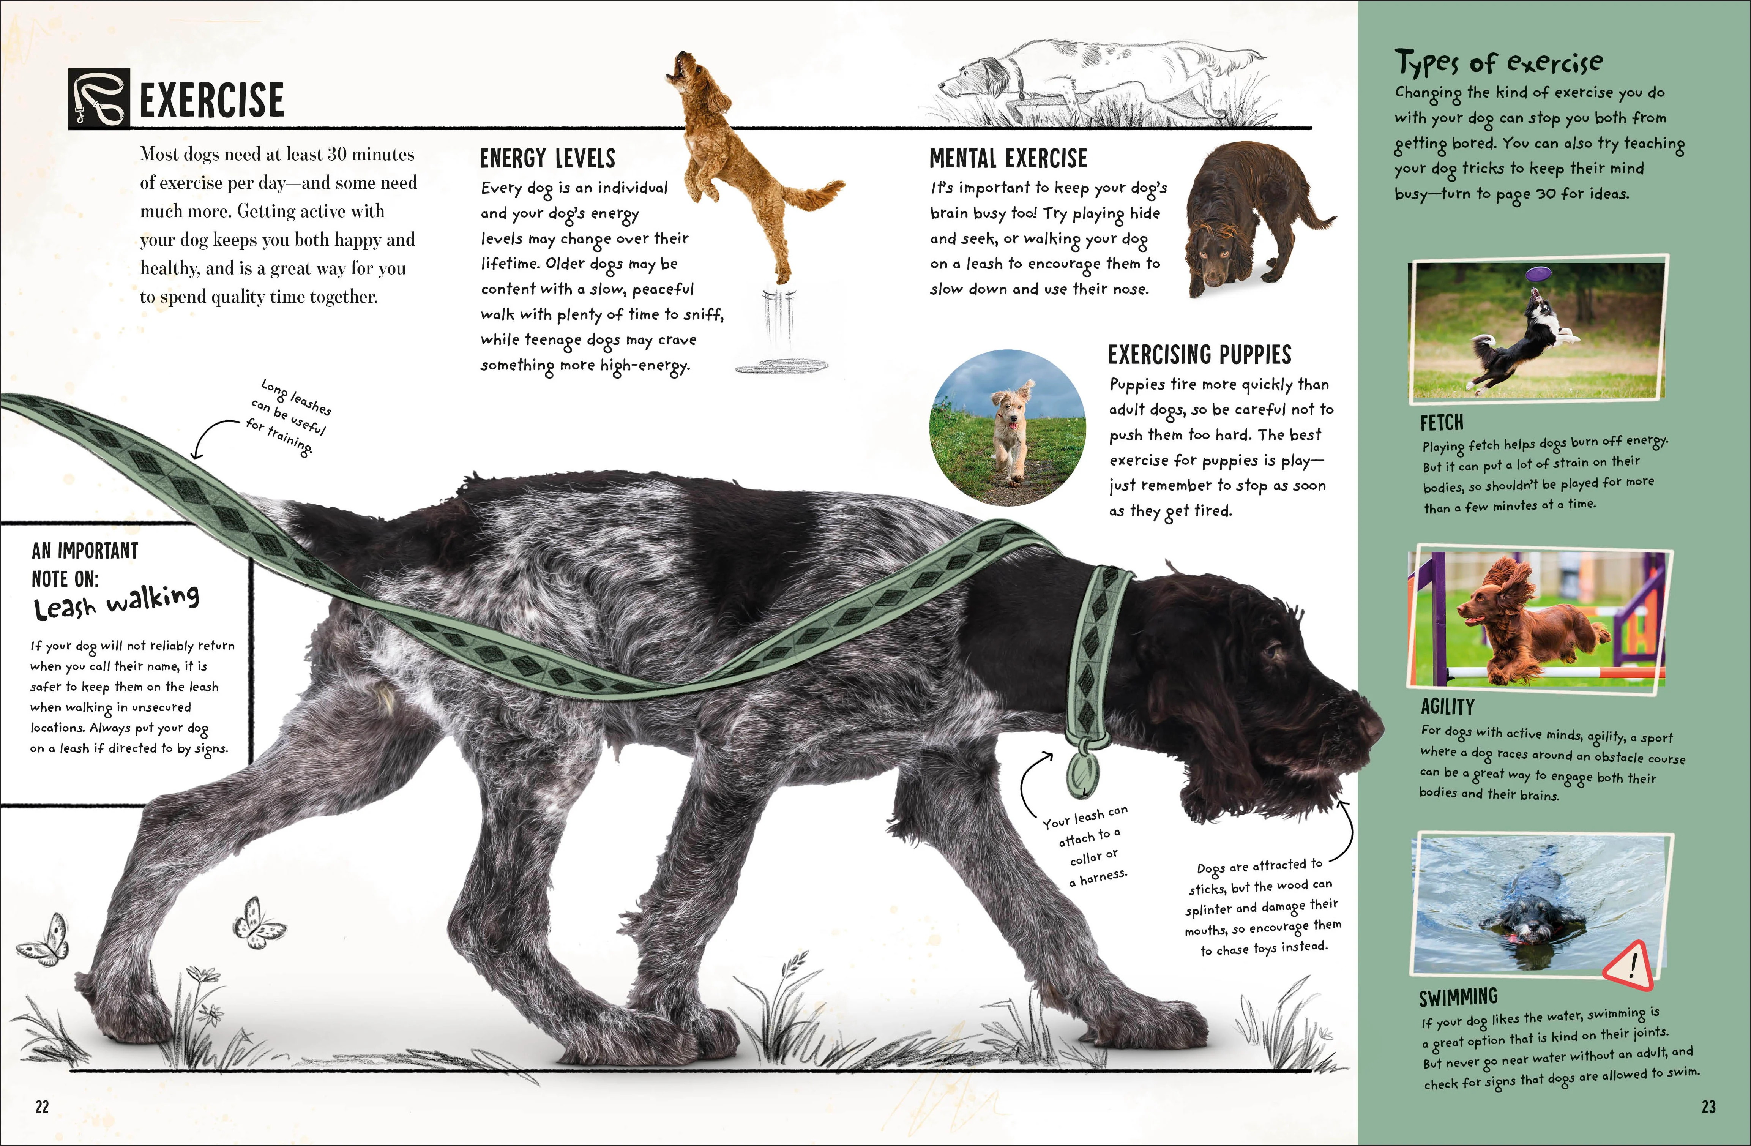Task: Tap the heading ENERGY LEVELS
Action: point(547,158)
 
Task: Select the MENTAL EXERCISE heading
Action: point(1008,158)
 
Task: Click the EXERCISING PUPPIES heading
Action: point(1199,355)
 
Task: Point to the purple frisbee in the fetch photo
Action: point(1538,275)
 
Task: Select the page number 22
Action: point(42,1106)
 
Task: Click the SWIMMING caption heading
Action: point(1458,997)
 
